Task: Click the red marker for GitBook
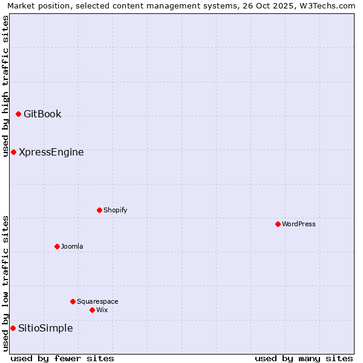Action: pyautogui.click(x=18, y=114)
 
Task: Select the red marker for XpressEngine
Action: pyautogui.click(x=13, y=152)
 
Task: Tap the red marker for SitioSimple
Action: pyautogui.click(x=13, y=328)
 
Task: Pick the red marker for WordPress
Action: pyautogui.click(x=278, y=224)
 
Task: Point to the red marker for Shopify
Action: pyautogui.click(x=99, y=210)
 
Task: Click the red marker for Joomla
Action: pyautogui.click(x=57, y=246)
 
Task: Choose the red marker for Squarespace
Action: pyautogui.click(x=73, y=301)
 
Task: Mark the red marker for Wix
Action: pyautogui.click(x=92, y=310)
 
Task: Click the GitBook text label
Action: pyautogui.click(x=42, y=114)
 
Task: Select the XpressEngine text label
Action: pyautogui.click(x=51, y=152)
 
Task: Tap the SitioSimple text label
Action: pyautogui.click(x=45, y=328)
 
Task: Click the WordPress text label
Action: pyautogui.click(x=299, y=224)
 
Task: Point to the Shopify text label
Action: pyautogui.click(x=115, y=210)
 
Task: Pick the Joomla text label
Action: pyautogui.click(x=72, y=246)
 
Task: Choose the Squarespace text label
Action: pyautogui.click(x=97, y=301)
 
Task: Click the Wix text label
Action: pyautogui.click(x=102, y=310)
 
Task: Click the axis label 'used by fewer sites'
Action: pyautogui.click(x=62, y=358)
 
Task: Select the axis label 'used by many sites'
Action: pyautogui.click(x=304, y=358)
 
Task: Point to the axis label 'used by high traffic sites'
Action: pyautogui.click(x=5, y=86)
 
